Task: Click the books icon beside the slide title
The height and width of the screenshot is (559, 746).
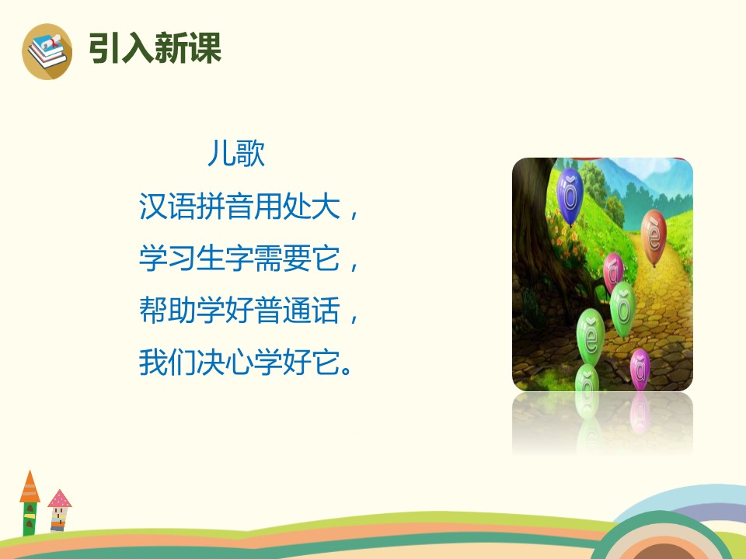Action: click(x=47, y=51)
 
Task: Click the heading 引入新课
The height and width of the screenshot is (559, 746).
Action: click(x=155, y=48)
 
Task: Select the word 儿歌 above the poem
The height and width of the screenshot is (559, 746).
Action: click(x=236, y=154)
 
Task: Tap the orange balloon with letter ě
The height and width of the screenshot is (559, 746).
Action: click(x=654, y=233)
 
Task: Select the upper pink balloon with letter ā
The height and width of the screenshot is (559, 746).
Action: click(x=614, y=271)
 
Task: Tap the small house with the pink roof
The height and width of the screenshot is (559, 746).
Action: click(x=59, y=511)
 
